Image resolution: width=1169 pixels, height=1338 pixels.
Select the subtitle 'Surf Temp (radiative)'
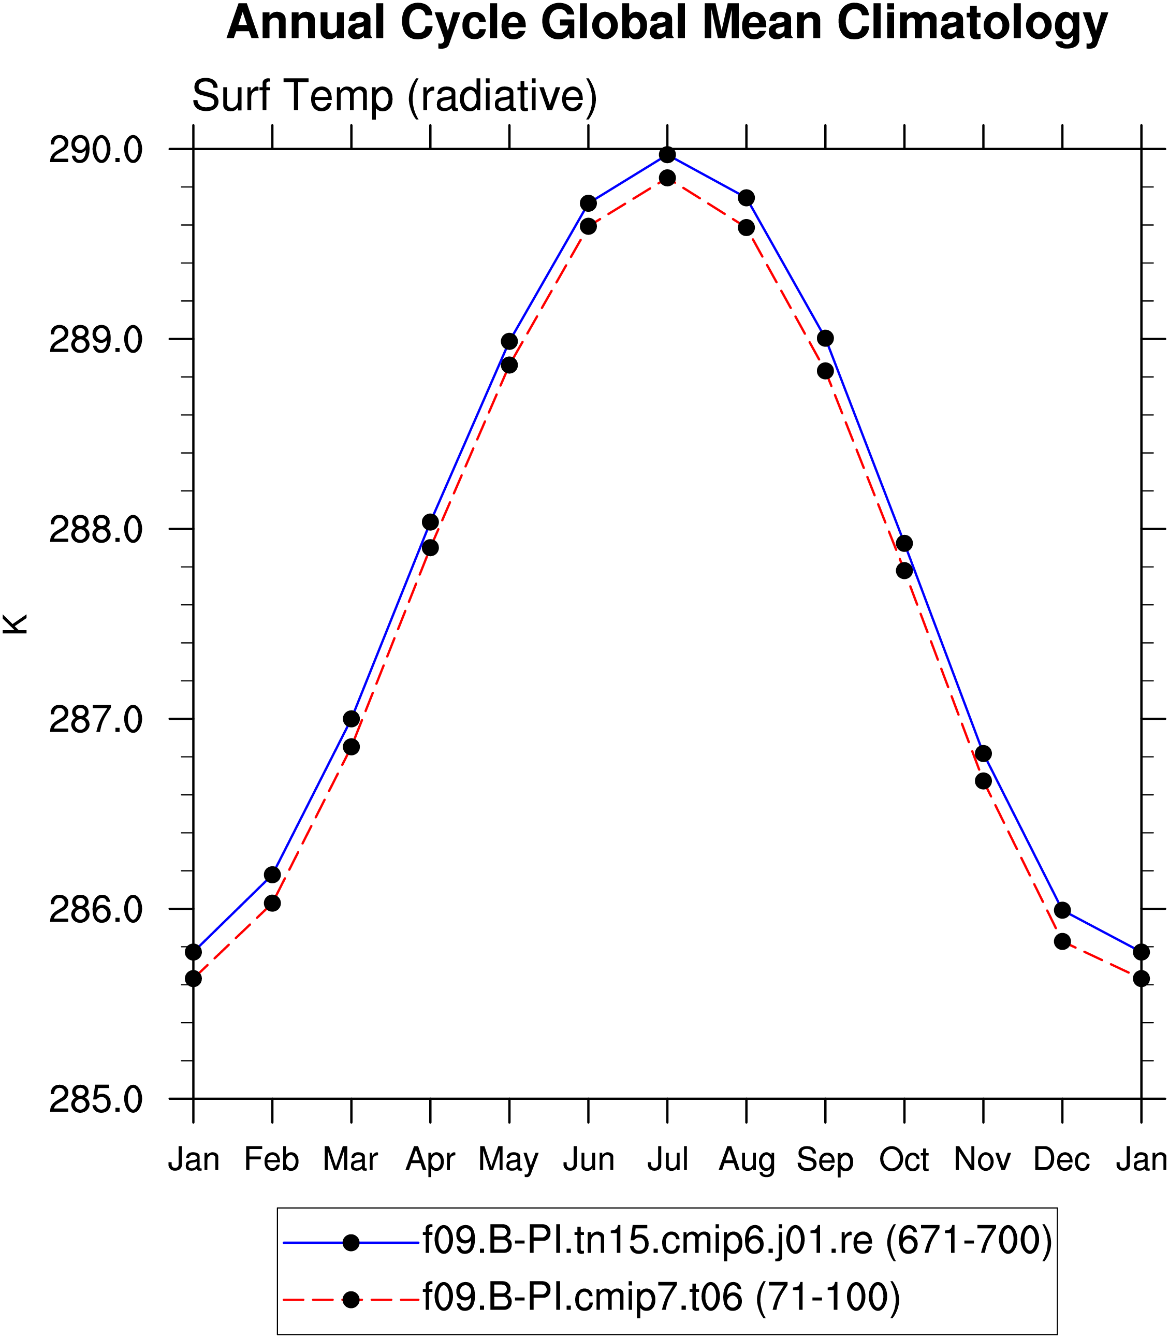click(394, 96)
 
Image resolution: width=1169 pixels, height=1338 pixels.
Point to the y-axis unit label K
click(15, 624)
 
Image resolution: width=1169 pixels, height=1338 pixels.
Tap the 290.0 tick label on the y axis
click(96, 151)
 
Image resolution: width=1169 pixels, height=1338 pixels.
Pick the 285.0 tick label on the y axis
click(96, 1100)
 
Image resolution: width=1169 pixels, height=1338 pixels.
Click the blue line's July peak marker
click(667, 155)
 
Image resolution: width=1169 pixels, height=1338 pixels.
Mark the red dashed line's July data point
click(667, 178)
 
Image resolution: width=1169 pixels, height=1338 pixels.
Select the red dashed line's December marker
click(1062, 941)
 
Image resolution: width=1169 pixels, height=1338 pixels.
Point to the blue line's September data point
click(825, 338)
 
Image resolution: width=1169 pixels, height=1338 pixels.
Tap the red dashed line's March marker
click(352, 746)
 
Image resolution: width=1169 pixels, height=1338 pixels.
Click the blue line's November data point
click(983, 753)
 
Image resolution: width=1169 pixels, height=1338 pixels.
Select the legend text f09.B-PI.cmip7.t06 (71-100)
click(662, 1296)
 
